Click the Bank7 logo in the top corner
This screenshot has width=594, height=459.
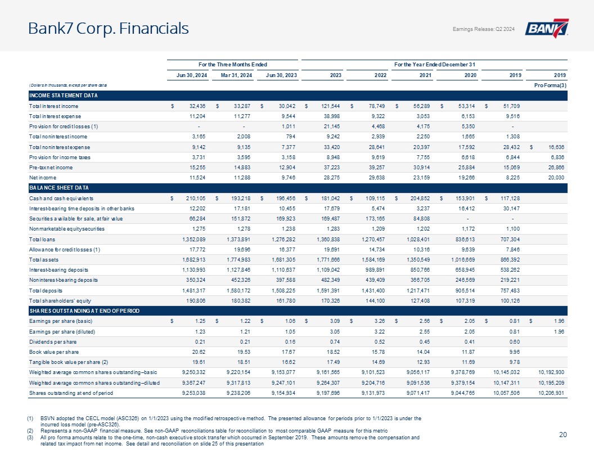click(546, 28)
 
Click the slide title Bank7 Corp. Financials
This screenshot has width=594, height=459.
click(109, 28)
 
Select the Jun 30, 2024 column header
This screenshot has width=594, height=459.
click(192, 75)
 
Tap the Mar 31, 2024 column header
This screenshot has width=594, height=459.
click(236, 75)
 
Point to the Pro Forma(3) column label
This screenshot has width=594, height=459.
click(551, 85)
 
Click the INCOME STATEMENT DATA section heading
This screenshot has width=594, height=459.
click(64, 96)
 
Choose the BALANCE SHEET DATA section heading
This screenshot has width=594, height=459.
click(59, 188)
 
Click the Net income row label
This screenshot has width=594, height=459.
click(43, 178)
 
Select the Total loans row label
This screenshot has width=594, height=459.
click(42, 240)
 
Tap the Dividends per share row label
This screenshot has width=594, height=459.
click(53, 342)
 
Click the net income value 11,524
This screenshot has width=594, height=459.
click(197, 178)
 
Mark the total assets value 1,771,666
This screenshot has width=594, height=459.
click(328, 260)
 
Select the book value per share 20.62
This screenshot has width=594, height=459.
click(199, 352)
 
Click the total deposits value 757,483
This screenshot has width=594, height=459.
click(510, 291)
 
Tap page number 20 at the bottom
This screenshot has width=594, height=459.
click(563, 435)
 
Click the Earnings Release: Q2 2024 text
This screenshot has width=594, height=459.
click(484, 29)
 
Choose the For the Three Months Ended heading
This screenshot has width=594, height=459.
click(233, 65)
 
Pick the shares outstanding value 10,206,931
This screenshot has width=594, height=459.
click(551, 393)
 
